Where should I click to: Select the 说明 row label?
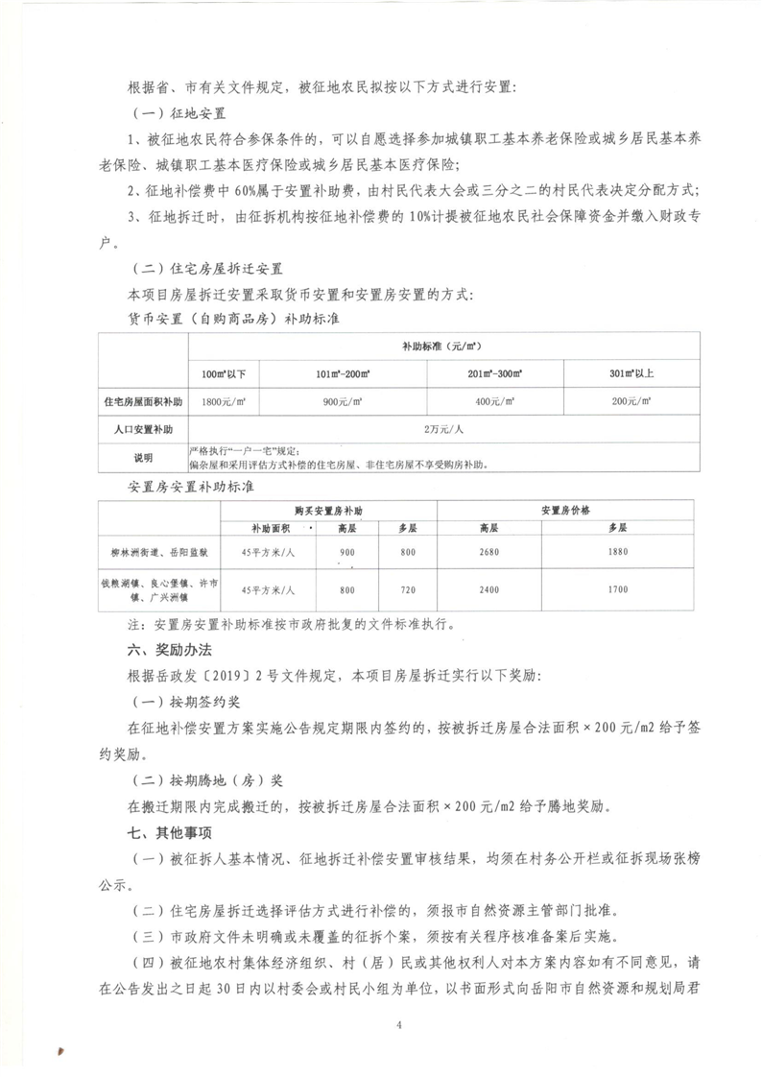142,457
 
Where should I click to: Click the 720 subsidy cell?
408,589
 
